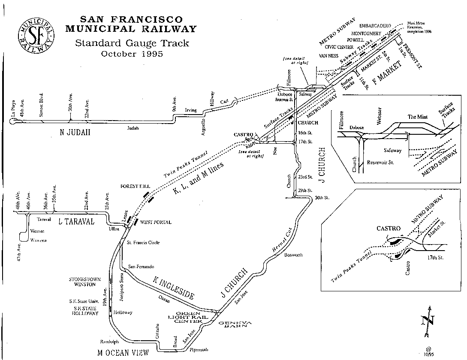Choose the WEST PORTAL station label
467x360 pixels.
point(155,222)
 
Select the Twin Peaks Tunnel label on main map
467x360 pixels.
point(186,164)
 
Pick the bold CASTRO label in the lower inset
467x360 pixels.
point(388,228)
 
